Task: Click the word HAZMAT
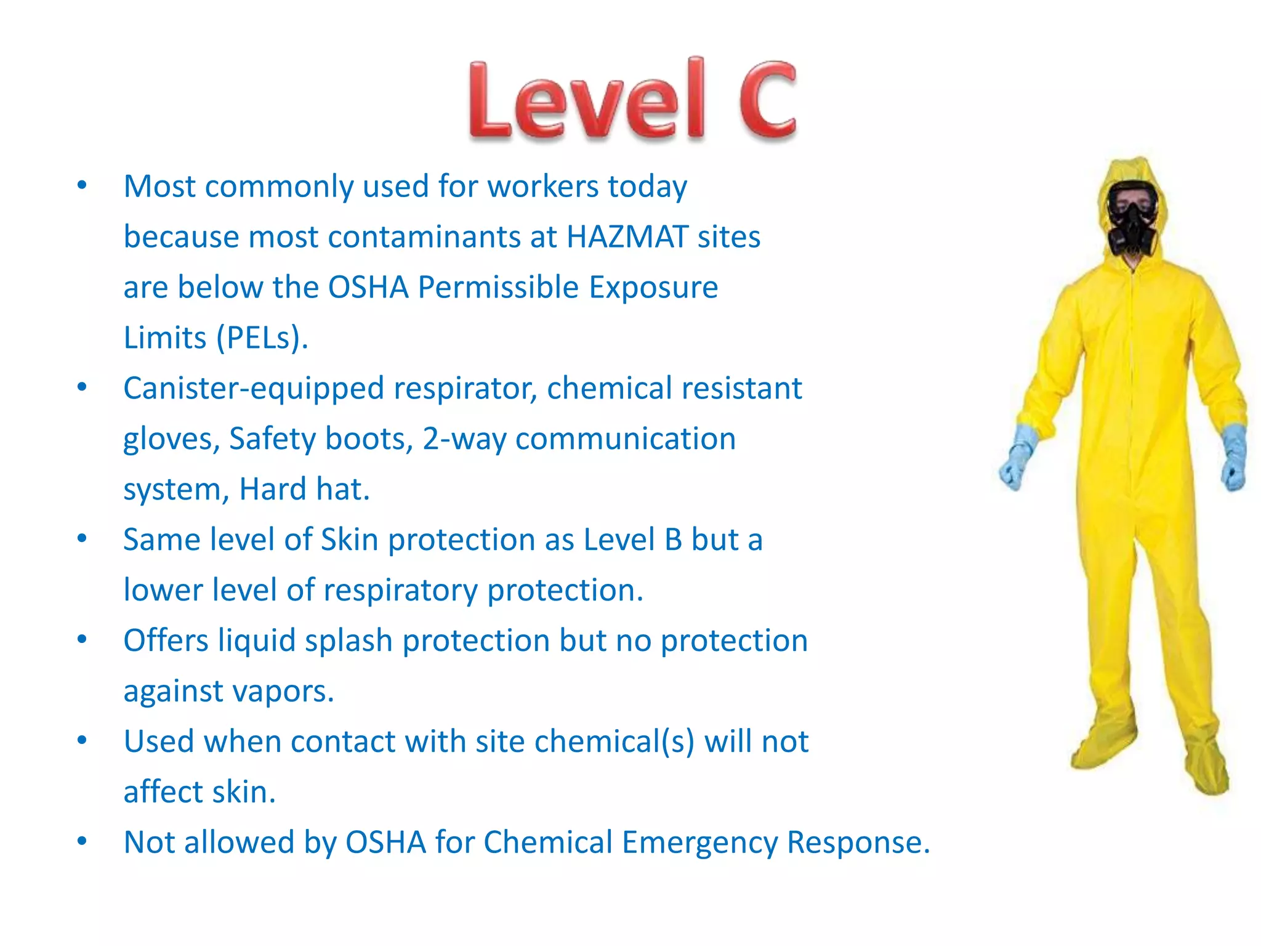click(627, 237)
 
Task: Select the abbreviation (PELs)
click(262, 338)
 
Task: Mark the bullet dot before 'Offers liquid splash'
click(82, 639)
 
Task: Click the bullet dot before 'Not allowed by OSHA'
click(82, 841)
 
